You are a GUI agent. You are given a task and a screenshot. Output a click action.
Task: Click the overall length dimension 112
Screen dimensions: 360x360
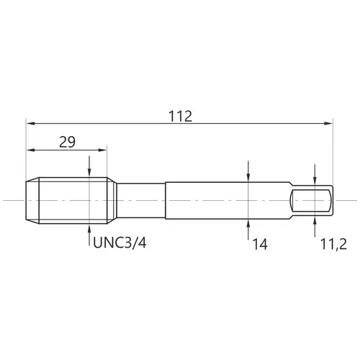pos(180,117)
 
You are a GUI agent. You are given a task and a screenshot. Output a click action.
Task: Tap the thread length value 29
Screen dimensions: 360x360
pos(67,142)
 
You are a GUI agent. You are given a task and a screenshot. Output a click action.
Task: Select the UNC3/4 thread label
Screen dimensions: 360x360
pos(120,243)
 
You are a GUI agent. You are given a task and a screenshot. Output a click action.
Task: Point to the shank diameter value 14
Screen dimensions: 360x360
pos(260,245)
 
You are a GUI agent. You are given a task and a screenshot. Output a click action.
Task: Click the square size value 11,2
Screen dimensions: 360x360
pos(333,245)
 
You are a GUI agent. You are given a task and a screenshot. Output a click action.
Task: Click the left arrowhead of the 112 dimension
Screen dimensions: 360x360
pos(30,123)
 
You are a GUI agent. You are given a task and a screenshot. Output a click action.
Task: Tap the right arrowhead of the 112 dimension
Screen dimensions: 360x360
pos(328,123)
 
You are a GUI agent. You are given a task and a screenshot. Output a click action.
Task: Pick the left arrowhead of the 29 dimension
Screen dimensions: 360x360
pos(30,150)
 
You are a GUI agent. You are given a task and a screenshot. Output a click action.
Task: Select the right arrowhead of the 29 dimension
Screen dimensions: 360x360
pos(102,150)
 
